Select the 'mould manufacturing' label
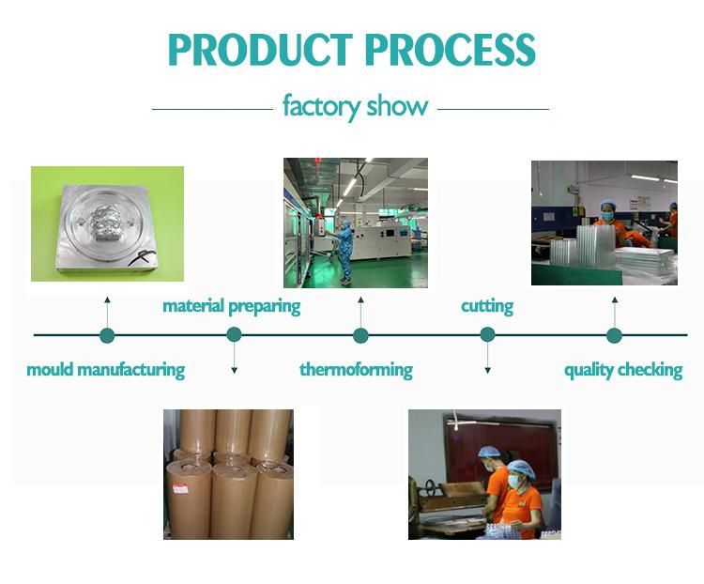[x=105, y=369]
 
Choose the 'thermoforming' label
[x=356, y=369]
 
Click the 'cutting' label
[x=487, y=306]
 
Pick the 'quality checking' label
[x=622, y=369]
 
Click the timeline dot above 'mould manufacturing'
[x=107, y=335]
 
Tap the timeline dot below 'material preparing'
[x=234, y=334]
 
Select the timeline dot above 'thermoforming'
[x=360, y=335]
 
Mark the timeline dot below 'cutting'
[x=487, y=334]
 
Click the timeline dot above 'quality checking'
[x=614, y=335]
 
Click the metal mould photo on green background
[x=106, y=224]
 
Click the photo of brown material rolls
[x=227, y=473]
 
